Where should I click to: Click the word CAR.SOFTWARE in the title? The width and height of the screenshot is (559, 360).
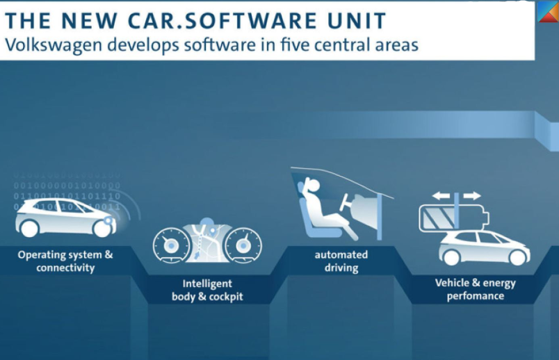pos(222,20)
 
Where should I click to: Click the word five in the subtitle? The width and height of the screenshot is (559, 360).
pos(295,45)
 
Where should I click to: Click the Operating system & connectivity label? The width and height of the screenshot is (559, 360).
pos(65,261)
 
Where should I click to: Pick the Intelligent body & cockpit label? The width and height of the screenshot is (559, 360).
pos(207,290)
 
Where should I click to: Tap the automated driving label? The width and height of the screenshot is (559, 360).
pos(341,261)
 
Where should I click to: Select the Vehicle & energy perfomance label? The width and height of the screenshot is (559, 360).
pos(476,289)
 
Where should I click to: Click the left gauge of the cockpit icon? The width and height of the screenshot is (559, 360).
pos(172,245)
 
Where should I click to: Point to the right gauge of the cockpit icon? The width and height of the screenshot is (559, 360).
pos(243,245)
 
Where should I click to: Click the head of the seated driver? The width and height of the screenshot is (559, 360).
pos(314,186)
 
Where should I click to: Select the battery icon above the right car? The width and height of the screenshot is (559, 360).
pos(454,218)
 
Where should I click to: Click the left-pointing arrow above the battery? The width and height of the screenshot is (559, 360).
pos(441,196)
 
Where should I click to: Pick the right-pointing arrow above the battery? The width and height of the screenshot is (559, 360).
pos(471,196)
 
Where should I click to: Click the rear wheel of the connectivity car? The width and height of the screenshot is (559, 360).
pos(29,228)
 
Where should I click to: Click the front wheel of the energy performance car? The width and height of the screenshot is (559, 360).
pos(518,256)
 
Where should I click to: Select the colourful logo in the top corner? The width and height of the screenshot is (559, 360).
pos(548,11)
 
